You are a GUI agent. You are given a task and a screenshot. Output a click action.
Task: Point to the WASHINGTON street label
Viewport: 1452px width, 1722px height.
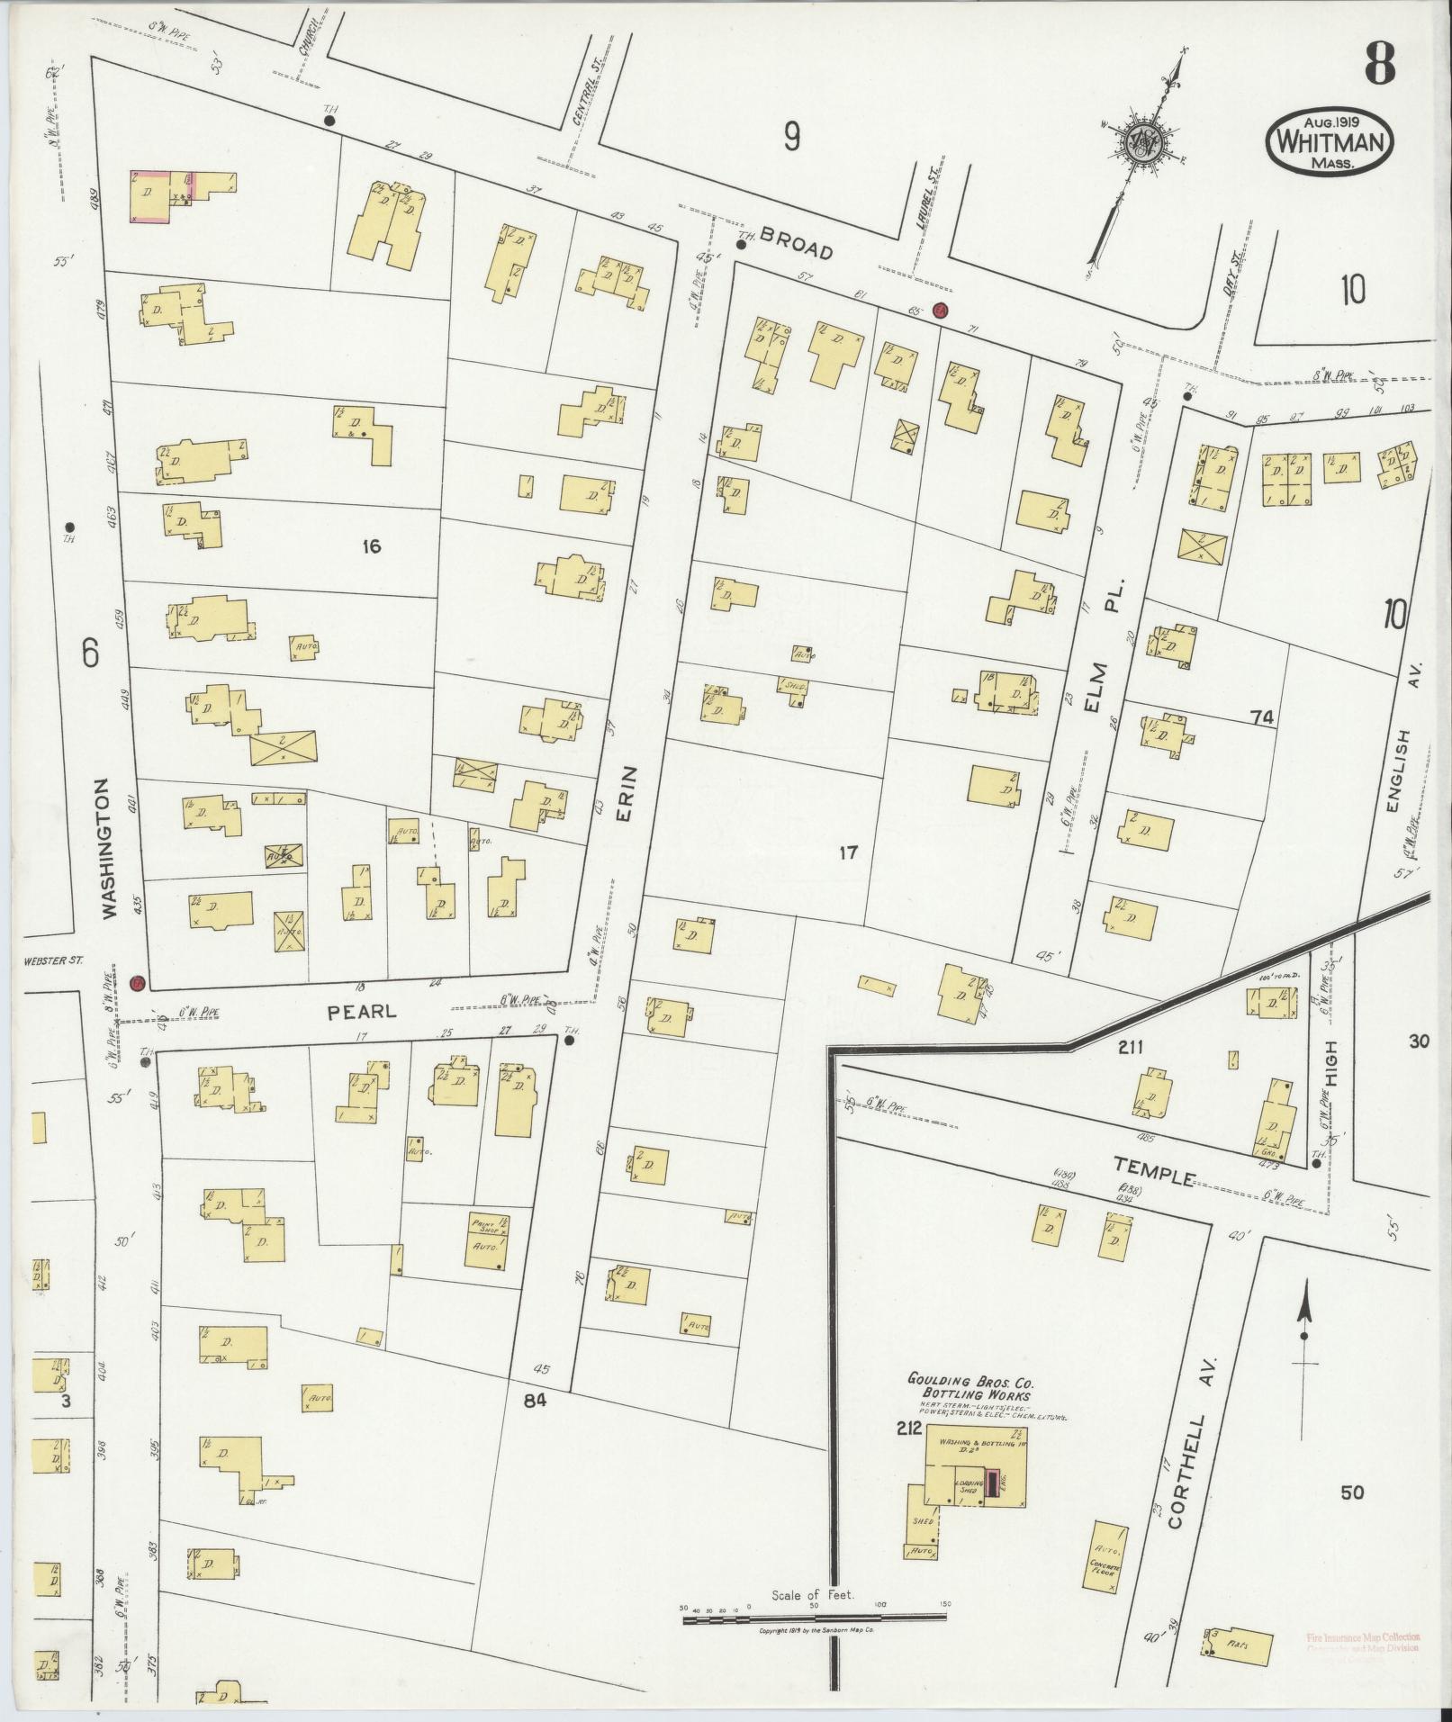[110, 848]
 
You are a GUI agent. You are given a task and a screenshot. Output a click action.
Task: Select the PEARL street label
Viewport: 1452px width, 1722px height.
[361, 1011]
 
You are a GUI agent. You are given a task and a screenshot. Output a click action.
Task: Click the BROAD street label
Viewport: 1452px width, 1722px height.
[797, 243]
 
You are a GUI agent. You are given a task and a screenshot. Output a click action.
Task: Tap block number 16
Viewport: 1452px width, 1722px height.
[372, 545]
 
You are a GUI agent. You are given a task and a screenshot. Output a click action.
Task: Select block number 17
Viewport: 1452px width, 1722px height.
[846, 852]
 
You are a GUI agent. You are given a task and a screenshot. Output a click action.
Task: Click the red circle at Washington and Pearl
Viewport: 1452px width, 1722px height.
[137, 983]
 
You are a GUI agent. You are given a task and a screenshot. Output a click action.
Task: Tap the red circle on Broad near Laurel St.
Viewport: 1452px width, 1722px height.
[940, 310]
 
